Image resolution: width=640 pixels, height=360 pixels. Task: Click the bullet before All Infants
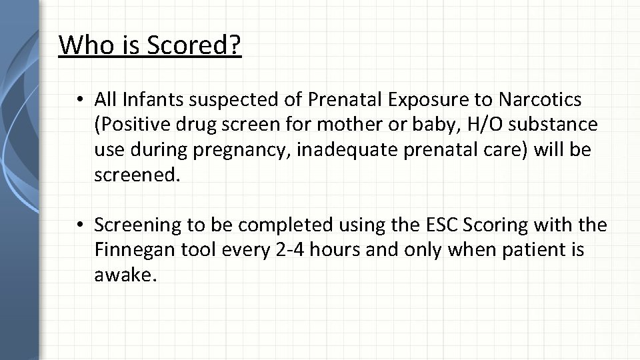click(79, 101)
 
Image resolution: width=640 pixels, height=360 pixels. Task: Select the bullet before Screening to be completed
click(79, 226)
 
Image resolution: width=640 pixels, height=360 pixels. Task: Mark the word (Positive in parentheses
click(129, 125)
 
